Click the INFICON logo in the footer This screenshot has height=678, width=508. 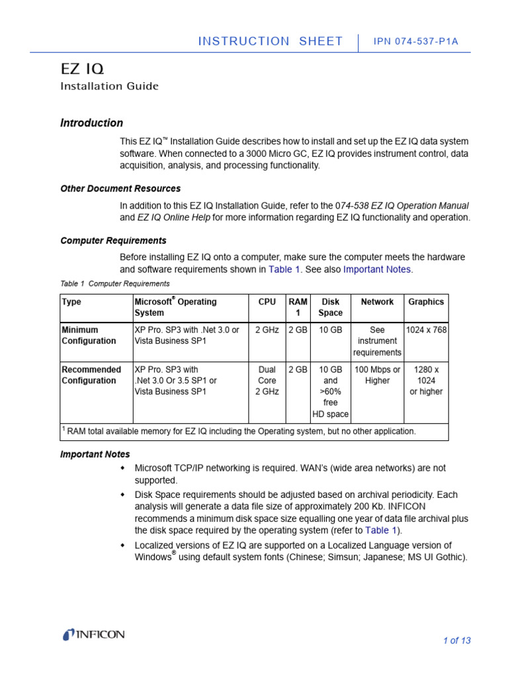point(93,635)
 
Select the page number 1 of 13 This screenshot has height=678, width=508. point(456,640)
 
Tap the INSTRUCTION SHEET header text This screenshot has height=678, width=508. point(271,41)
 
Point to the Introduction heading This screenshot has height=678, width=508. point(91,122)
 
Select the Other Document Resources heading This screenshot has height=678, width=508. point(120,189)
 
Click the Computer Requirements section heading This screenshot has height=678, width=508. point(113,240)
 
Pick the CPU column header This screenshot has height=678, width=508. point(267,302)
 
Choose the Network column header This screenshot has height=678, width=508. point(377,302)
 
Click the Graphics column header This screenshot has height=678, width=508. point(426,302)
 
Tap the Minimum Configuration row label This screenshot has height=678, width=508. point(89,335)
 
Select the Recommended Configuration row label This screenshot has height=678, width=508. point(91,375)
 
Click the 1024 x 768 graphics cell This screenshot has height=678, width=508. point(426,330)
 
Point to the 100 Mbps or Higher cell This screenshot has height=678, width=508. point(377,375)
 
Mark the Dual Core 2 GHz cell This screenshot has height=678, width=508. point(267,381)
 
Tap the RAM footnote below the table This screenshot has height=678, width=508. point(239,431)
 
